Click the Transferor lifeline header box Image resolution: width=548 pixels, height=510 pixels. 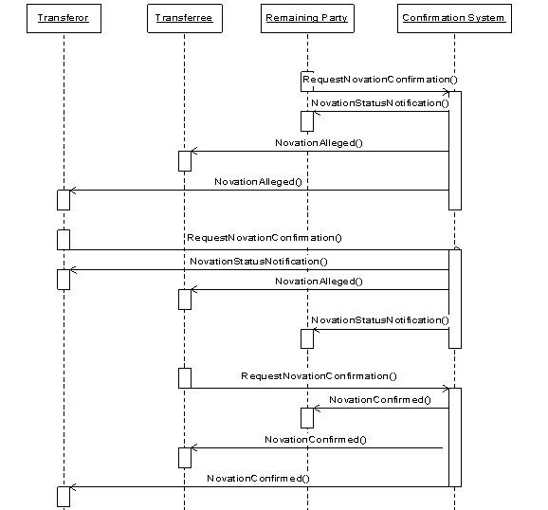64,19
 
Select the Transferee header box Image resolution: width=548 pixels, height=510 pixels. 185,19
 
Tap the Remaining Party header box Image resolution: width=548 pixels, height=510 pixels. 307,19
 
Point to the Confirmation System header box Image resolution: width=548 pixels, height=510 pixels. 454,19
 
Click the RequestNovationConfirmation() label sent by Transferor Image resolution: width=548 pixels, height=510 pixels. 265,238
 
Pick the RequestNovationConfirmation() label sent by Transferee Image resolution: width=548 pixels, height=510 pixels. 320,376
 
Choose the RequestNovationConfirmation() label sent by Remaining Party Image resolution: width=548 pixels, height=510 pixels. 380,80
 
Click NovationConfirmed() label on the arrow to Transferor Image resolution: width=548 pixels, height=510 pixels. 258,479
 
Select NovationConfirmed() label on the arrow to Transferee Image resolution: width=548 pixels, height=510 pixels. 316,440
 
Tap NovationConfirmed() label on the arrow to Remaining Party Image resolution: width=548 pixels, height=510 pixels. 380,400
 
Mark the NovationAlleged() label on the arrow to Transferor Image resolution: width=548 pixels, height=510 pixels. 258,182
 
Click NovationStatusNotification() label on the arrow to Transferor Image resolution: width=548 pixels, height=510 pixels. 259,262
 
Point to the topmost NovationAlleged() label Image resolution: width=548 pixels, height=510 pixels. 320,143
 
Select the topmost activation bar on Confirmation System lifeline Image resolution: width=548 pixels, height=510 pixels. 455,151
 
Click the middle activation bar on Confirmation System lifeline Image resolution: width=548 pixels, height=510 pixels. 455,299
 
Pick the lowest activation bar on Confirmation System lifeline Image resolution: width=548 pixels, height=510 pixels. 455,437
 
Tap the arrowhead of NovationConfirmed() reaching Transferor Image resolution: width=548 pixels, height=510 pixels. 71,486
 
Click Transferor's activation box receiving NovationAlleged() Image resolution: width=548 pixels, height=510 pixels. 64,200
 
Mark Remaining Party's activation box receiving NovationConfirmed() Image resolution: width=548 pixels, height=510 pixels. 307,418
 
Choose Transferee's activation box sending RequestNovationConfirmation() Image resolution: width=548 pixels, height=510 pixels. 185,378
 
